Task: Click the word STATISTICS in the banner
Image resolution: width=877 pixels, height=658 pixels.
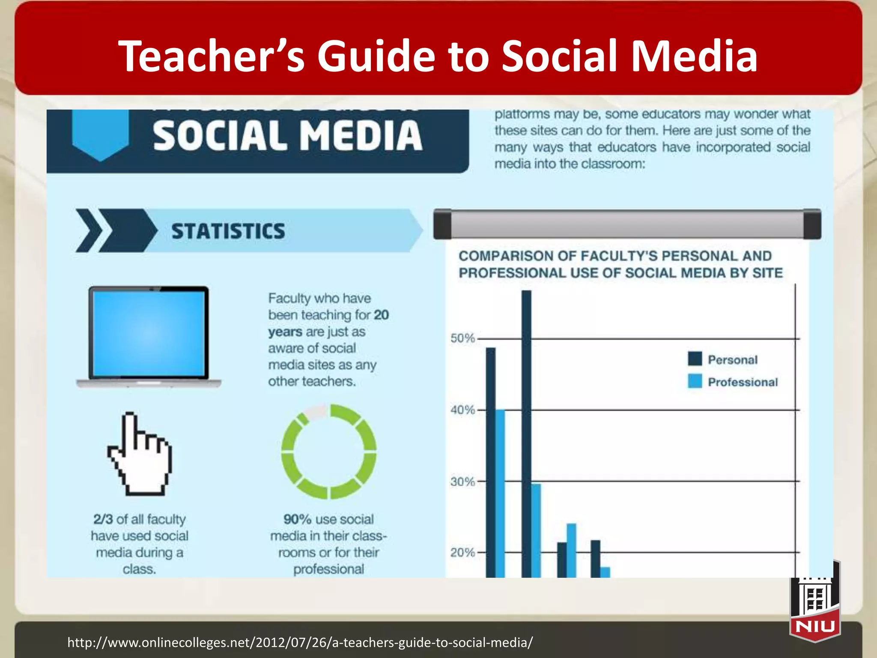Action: tap(228, 231)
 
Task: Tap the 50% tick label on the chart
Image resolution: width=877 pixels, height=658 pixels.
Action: tap(462, 338)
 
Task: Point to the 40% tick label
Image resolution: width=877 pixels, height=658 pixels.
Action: tap(462, 410)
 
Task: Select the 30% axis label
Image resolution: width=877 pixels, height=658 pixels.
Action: tap(462, 482)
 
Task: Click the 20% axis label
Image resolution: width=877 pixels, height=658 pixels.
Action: tap(462, 553)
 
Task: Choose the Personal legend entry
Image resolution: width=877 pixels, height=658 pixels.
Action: tap(732, 360)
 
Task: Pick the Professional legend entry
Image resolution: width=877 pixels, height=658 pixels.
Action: tap(743, 382)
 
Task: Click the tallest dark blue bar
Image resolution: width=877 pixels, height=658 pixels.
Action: tap(526, 433)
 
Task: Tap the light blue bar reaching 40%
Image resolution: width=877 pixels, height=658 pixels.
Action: tap(500, 493)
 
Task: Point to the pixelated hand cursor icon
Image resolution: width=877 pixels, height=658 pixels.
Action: tap(140, 454)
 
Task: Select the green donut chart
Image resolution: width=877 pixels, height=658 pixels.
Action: tap(329, 452)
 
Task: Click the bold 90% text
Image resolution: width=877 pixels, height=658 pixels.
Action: tap(297, 519)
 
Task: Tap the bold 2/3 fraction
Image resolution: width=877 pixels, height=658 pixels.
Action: tap(103, 519)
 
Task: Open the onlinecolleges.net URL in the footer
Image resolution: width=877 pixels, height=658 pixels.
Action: tap(300, 643)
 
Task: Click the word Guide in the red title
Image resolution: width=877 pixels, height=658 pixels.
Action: tap(376, 56)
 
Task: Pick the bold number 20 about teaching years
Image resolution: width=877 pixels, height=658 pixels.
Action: tap(381, 315)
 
